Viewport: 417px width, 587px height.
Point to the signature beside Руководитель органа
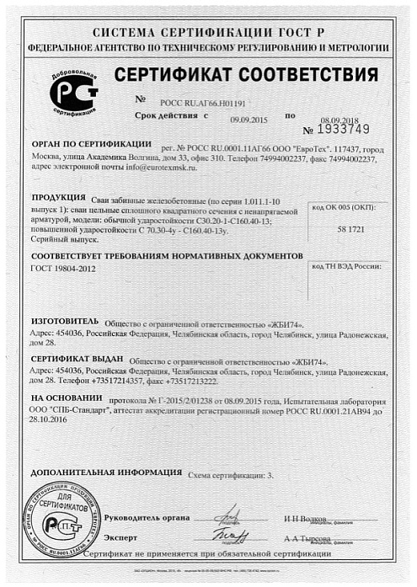(227, 514)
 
